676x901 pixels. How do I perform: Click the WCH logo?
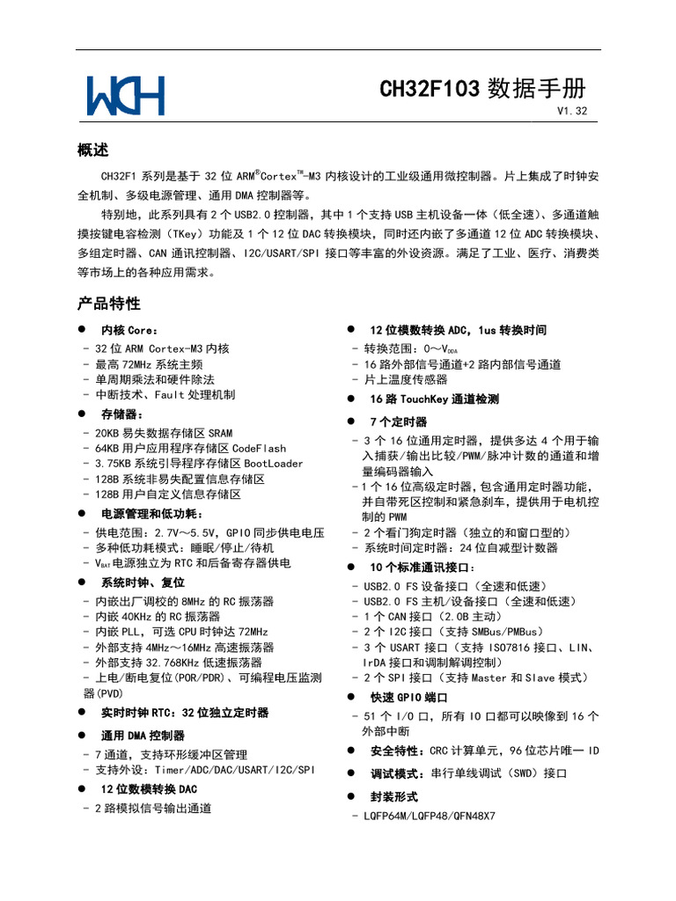(125, 95)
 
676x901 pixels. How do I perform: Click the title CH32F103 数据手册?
(482, 89)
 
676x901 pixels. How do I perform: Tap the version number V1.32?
(571, 111)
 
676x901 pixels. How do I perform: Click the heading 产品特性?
(109, 304)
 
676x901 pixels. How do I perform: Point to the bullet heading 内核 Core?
(129, 331)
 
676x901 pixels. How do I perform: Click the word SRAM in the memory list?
(220, 433)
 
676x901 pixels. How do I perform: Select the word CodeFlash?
(259, 448)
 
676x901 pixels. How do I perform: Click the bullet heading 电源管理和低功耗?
(151, 514)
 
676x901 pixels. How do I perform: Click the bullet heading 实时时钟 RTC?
(185, 713)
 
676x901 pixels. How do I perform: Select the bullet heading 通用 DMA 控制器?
(143, 736)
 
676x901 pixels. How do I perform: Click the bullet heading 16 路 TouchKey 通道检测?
(434, 399)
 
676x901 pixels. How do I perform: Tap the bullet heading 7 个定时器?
(398, 422)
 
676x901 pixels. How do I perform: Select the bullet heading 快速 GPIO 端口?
(409, 697)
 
